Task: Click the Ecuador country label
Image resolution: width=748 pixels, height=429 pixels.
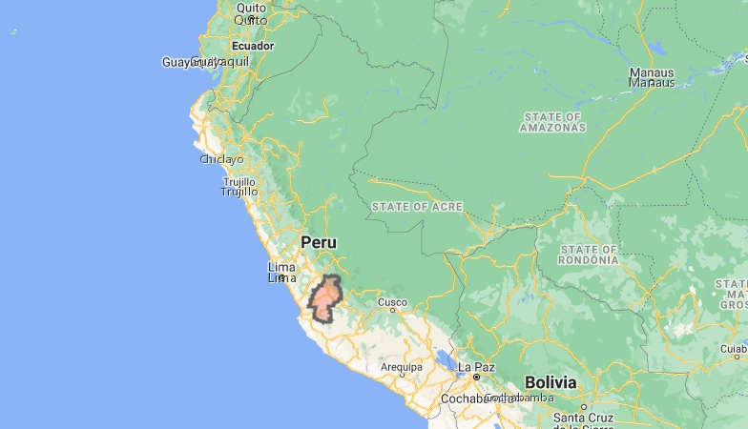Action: (253, 46)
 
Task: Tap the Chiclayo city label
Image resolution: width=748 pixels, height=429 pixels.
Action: (221, 159)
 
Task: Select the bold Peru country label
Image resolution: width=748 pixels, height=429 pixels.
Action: (319, 242)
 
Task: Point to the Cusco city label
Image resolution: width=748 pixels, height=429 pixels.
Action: (392, 303)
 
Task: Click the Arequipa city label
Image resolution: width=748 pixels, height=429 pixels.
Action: (401, 367)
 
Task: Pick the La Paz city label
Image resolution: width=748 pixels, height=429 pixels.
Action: (476, 367)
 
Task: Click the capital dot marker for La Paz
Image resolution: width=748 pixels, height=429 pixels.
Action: (476, 378)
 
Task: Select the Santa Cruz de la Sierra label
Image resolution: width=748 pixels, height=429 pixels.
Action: (583, 422)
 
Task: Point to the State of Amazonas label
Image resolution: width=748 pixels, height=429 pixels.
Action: (553, 121)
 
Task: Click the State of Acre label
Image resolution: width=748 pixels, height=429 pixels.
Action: (417, 207)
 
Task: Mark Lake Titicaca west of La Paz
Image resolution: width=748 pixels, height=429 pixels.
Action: (445, 361)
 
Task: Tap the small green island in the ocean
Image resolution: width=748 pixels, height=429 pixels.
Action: (13, 31)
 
